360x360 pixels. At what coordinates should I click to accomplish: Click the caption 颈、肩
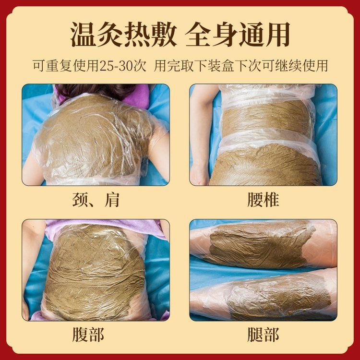coord(96,200)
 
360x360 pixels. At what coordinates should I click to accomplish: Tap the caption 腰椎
coord(263,200)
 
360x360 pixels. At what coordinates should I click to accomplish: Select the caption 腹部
coord(88,335)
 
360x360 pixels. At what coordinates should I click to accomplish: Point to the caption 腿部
coord(263,335)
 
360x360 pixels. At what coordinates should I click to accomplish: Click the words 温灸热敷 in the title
coord(123,35)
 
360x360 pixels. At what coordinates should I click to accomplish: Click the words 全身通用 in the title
coord(238,35)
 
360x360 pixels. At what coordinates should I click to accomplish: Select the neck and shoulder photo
coord(96,135)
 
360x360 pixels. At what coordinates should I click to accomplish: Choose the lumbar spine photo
coord(264,135)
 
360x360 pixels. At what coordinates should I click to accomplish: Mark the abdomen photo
coord(96,270)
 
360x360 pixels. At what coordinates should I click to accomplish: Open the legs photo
coord(264,270)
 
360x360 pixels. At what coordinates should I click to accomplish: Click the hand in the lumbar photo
coord(199,175)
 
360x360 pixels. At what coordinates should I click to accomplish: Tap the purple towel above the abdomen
coord(103,228)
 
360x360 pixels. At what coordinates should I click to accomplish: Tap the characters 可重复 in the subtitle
coord(52,66)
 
